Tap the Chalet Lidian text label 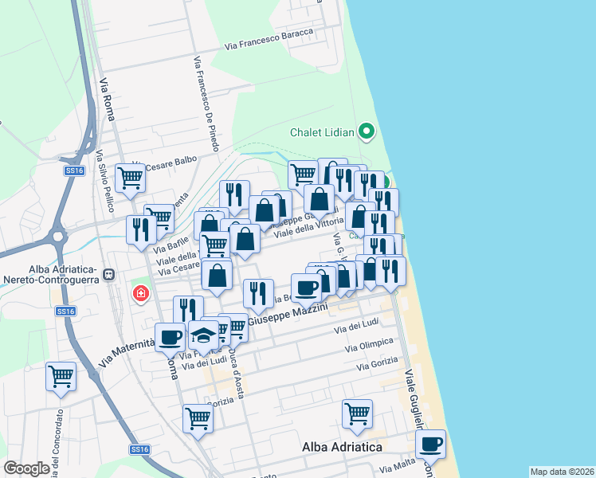point(323,132)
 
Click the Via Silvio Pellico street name point(103,181)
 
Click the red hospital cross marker point(141,295)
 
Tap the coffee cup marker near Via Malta point(430,443)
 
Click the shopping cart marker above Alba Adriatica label point(358,413)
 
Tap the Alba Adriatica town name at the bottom point(342,448)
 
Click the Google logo point(26,468)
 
